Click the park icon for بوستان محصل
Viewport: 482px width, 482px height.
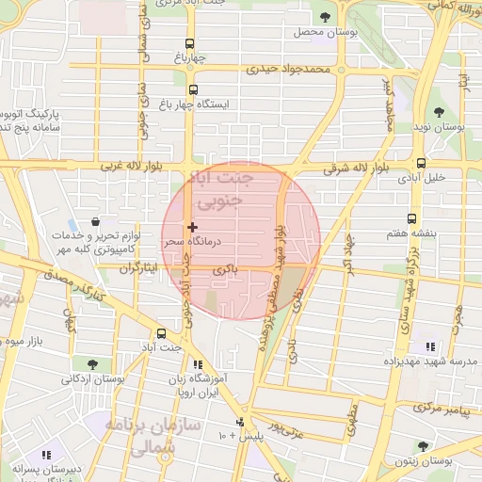(326, 17)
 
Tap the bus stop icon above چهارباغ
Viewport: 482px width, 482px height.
(191, 43)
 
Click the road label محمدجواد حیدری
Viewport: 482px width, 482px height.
(291, 69)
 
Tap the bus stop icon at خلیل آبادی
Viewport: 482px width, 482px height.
(420, 162)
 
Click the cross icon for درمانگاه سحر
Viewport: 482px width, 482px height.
(192, 227)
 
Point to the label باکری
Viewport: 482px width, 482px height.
(226, 270)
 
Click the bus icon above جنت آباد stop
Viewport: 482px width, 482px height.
(161, 333)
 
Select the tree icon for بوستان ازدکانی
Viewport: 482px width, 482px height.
(91, 363)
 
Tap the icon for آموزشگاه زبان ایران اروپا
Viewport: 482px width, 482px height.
(197, 364)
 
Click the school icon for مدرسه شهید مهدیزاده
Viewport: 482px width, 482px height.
(430, 346)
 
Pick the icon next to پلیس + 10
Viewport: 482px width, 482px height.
(241, 422)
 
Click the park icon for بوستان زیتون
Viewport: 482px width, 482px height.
(423, 446)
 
